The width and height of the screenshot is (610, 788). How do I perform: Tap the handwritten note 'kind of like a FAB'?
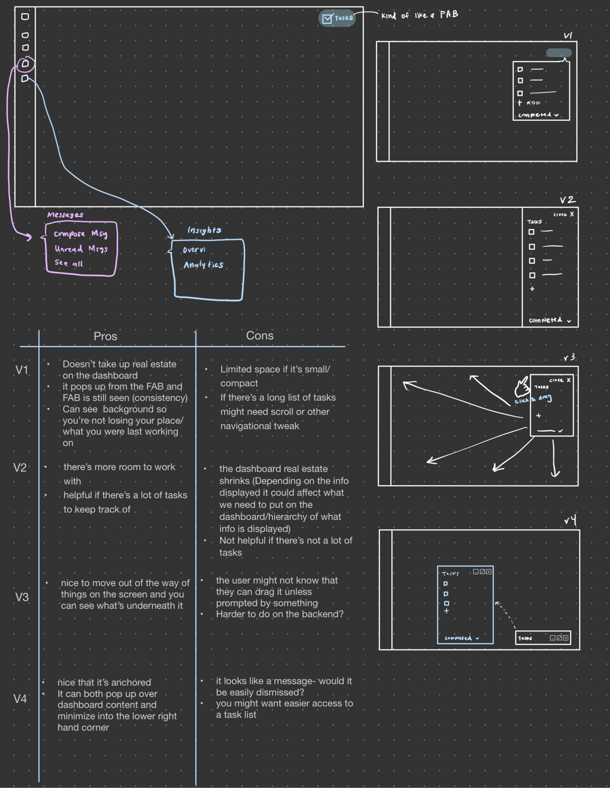point(419,15)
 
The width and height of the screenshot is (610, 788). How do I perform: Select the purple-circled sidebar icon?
point(25,64)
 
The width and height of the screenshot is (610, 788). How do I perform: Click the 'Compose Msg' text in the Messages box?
point(81,234)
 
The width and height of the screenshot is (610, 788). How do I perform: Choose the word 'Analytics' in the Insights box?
point(203,265)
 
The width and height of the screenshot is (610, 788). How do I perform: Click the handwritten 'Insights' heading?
point(204,230)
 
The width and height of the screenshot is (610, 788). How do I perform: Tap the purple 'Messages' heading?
point(65,215)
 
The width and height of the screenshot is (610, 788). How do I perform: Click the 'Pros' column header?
point(105,336)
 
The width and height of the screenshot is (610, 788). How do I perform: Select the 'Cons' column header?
point(260,336)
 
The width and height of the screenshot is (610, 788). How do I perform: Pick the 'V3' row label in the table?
point(22,597)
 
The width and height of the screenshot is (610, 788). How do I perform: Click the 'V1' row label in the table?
point(22,370)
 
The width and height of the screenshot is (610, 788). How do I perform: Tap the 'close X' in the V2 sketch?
point(563,214)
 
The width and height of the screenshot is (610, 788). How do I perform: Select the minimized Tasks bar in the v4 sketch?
point(543,638)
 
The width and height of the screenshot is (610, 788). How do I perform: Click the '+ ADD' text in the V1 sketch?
point(529,103)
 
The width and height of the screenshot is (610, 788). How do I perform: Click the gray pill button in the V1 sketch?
point(559,53)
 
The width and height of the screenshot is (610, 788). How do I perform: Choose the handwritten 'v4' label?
point(570,520)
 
